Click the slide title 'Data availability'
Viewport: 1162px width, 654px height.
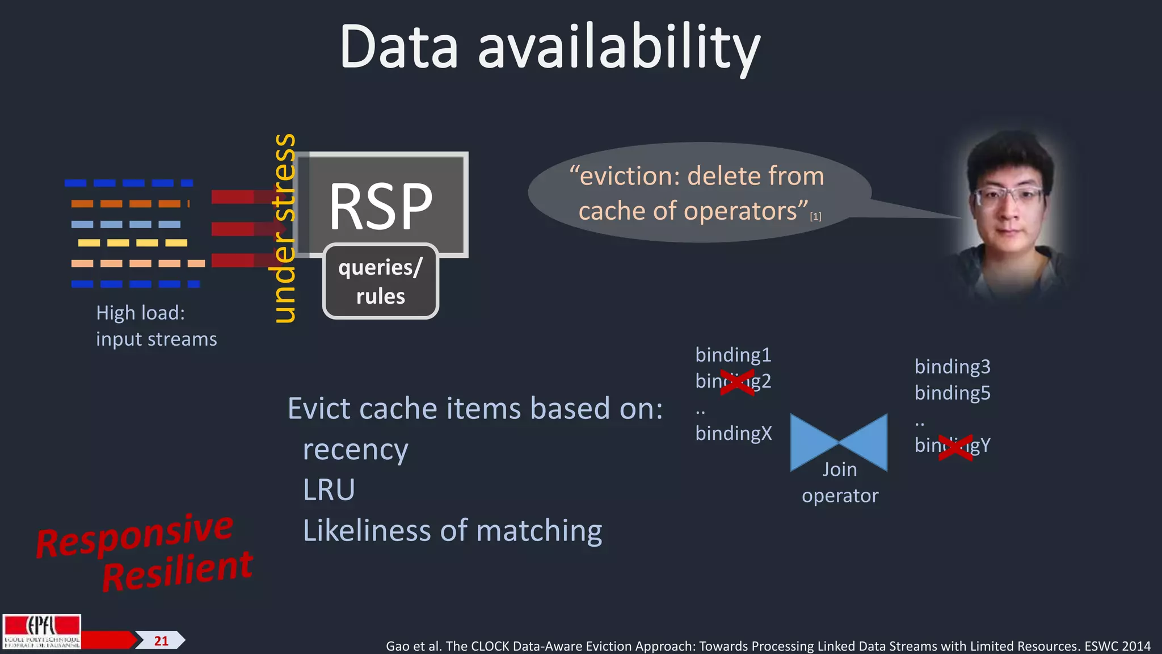click(549, 48)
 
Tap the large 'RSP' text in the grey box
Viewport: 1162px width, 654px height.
click(381, 207)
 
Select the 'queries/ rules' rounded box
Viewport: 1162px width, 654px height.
click(381, 282)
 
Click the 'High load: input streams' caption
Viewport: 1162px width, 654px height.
click(156, 326)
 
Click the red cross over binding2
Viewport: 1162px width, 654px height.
click(737, 381)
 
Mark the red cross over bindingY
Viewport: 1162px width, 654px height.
click(955, 447)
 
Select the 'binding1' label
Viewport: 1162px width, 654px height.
click(733, 355)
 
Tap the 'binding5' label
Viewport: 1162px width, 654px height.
click(952, 393)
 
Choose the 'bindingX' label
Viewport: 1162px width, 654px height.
click(734, 433)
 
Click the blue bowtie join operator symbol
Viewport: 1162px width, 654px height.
click(839, 442)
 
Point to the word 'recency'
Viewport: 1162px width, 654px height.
click(355, 450)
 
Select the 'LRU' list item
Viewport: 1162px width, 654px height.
click(329, 489)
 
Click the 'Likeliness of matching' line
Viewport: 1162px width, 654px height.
click(452, 531)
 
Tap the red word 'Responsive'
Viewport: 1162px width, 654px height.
click(134, 535)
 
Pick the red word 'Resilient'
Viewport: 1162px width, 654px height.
click(177, 571)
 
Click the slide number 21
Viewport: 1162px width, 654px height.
click(161, 641)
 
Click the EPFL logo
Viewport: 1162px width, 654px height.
click(42, 631)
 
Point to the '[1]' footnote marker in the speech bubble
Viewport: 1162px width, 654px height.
click(815, 216)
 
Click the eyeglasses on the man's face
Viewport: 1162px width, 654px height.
click(1008, 198)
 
